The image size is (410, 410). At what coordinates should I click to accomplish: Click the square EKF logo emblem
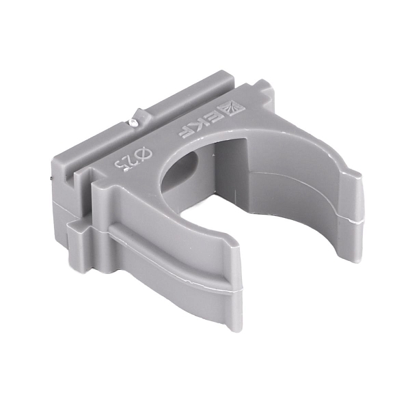(231, 108)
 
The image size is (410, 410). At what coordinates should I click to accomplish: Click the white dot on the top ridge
(133, 122)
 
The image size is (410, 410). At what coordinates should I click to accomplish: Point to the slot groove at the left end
(70, 180)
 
